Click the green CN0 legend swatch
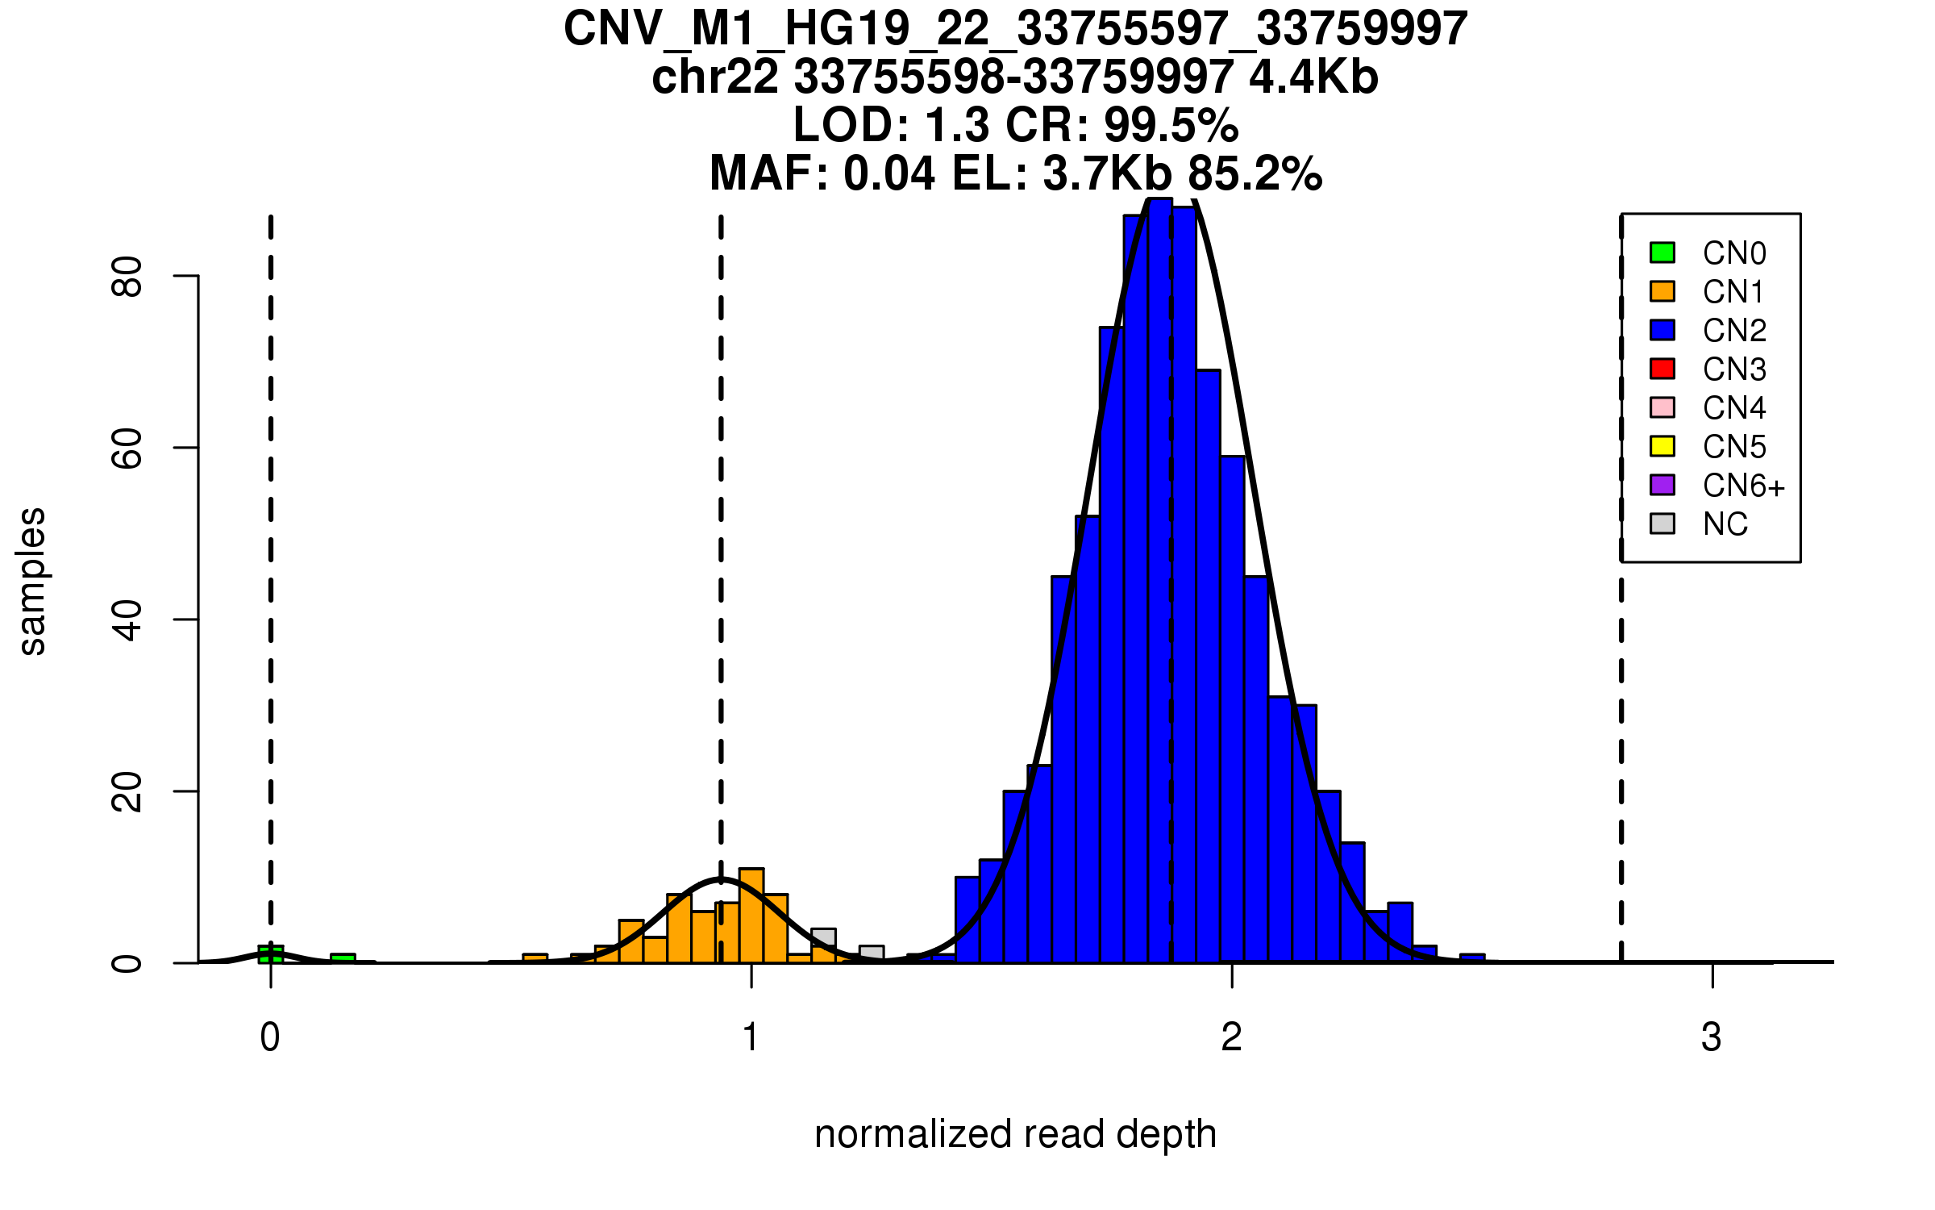(1662, 252)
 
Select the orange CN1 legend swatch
(1662, 291)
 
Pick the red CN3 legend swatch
(1662, 369)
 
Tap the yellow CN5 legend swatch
(1662, 446)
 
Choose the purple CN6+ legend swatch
(1662, 485)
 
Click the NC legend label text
(1725, 524)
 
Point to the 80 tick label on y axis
(127, 277)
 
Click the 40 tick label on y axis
(127, 620)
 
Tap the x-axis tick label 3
(1712, 1037)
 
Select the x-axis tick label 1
(751, 1037)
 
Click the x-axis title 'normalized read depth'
(1015, 1134)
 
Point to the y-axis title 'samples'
(32, 581)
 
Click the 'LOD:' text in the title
(851, 125)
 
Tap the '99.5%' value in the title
(1171, 125)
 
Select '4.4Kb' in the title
(1313, 77)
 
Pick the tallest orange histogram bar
(751, 916)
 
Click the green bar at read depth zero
(271, 954)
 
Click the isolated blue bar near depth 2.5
(1472, 958)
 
